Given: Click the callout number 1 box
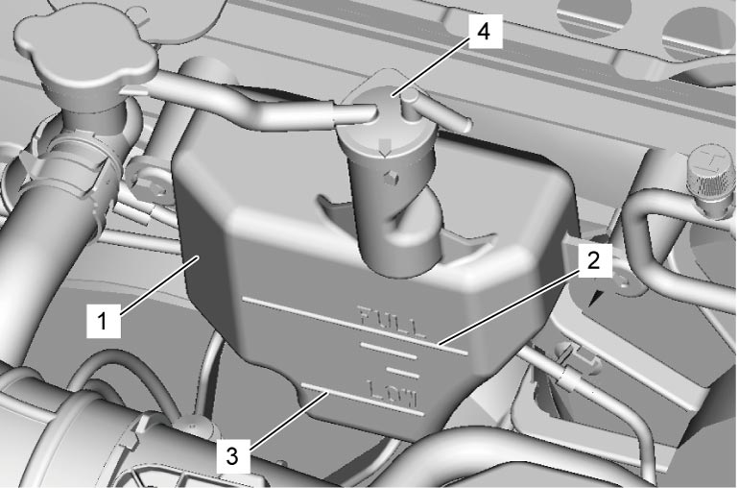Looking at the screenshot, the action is pyautogui.click(x=104, y=321).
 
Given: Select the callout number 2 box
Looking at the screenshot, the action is pyautogui.click(x=593, y=260).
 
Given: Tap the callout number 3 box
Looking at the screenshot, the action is pyautogui.click(x=232, y=456).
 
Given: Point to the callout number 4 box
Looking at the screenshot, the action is pyautogui.click(x=484, y=32).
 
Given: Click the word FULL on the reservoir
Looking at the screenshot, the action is pyautogui.click(x=392, y=323).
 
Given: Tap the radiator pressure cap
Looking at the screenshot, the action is pyautogui.click(x=84, y=52).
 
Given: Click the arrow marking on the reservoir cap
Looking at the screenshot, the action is pyautogui.click(x=386, y=147).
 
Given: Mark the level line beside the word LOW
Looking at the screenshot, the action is pyautogui.click(x=363, y=401).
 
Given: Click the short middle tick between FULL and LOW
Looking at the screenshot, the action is pyautogui.click(x=402, y=373).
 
